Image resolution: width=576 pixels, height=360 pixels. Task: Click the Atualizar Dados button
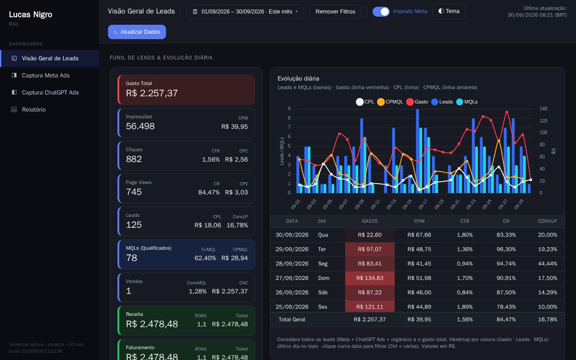pos(137,32)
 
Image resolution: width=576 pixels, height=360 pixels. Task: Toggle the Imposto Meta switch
pos(381,12)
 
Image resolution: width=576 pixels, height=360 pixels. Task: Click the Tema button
pos(449,11)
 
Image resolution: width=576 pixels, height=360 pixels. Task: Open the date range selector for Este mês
pos(245,12)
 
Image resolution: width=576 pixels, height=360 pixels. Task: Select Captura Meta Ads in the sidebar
pos(45,75)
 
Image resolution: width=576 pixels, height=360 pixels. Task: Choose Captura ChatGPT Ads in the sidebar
pos(50,93)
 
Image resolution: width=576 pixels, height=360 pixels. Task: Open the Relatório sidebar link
pos(34,109)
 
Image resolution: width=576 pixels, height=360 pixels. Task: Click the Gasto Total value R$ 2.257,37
pos(152,93)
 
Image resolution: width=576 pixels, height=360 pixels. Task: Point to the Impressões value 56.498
pos(140,126)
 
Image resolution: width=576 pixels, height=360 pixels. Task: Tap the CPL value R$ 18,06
pos(208,225)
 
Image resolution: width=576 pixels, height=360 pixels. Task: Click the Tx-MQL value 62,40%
pos(205,258)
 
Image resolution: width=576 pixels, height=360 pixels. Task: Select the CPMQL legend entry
pos(390,102)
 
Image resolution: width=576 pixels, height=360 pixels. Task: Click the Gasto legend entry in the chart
pos(417,102)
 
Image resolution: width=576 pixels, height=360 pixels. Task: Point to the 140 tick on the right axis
pos(543,108)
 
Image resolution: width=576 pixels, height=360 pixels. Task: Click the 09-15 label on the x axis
pos(407,204)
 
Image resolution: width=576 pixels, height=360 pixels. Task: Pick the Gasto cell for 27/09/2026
pos(370,278)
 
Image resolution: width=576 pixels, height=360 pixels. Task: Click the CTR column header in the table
pos(465,221)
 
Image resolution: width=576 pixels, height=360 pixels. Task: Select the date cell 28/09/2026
pos(292,264)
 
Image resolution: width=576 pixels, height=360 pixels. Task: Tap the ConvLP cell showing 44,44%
pos(548,264)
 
